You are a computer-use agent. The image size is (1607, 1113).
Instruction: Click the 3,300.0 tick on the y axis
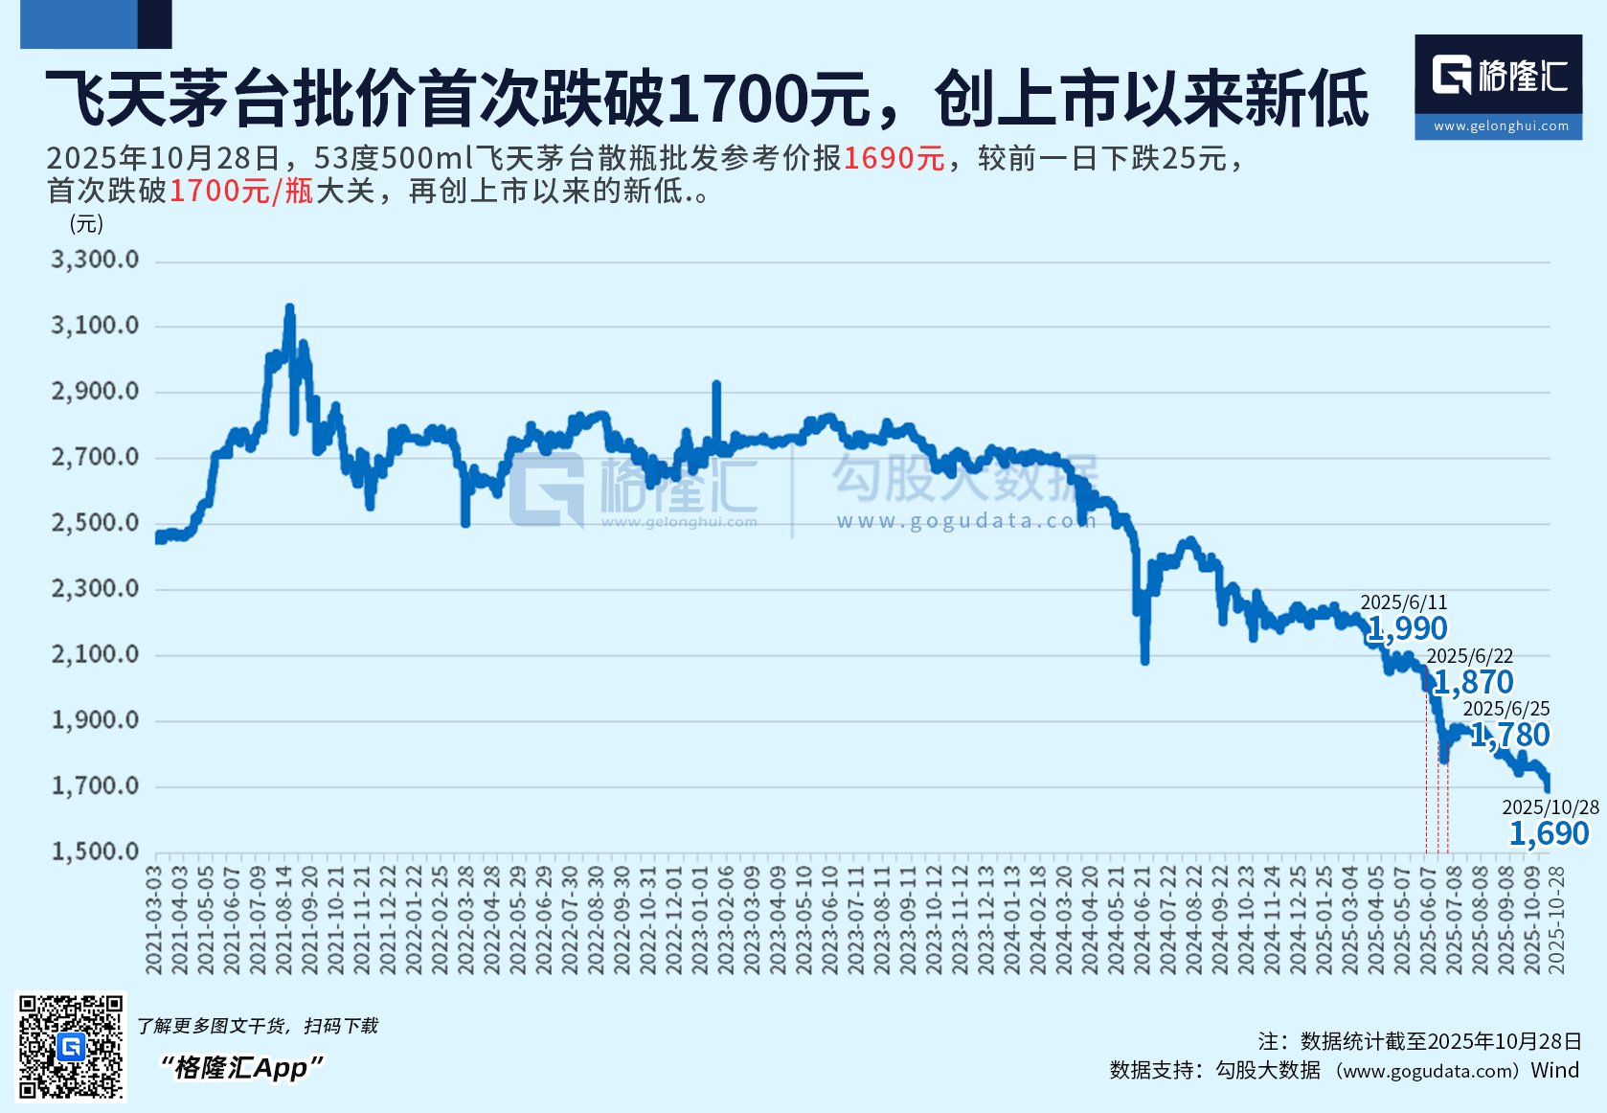95,260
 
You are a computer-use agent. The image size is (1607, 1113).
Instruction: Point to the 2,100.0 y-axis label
95,654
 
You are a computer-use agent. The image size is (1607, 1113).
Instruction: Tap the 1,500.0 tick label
95,852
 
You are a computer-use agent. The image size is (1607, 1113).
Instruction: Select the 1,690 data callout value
1549,833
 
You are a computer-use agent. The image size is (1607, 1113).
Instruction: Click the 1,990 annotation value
1407,628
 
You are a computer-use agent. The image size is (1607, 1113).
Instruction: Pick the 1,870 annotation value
1473,682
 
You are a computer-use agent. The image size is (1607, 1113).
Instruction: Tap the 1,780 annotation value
1509,735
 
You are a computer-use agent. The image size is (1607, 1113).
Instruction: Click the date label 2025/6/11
1403,602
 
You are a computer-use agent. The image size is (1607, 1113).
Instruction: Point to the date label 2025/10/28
1550,807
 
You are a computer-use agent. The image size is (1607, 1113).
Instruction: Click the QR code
72,1046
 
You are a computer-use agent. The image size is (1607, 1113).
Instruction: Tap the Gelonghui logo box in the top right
1498,86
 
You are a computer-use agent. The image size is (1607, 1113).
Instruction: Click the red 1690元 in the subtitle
894,158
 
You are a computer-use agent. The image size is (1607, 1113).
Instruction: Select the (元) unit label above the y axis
86,224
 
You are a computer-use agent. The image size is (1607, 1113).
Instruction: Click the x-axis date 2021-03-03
154,920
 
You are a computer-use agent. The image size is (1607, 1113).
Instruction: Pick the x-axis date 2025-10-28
1556,920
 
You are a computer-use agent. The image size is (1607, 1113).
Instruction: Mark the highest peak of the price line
289,308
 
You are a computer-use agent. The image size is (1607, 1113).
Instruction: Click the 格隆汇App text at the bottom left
240,1067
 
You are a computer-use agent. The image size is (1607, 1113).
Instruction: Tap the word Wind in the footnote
1554,1070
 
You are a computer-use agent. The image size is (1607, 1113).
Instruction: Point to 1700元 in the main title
767,99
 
